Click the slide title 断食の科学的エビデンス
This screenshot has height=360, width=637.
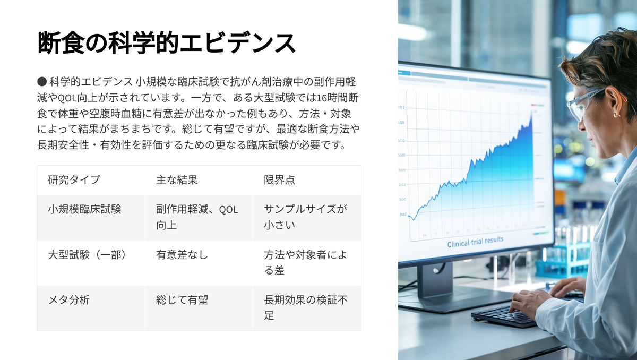point(166,42)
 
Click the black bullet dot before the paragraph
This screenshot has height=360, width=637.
point(42,82)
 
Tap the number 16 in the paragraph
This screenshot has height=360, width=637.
point(322,98)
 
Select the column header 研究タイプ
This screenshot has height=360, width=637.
point(74,179)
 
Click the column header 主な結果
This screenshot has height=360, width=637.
point(177,179)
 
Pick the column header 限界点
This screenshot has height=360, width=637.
point(279,179)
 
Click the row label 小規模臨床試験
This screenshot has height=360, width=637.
point(84,209)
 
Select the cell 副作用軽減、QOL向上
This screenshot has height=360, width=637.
point(197,217)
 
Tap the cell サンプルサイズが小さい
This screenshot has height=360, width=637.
point(305,217)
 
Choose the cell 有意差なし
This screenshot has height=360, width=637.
point(182,255)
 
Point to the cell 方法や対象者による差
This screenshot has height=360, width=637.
point(305,262)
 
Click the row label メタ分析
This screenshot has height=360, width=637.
point(69,300)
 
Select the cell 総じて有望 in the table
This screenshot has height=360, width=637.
point(182,300)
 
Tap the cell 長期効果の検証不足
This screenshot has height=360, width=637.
point(306,307)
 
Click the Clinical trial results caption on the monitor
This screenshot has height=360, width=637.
point(475,242)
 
